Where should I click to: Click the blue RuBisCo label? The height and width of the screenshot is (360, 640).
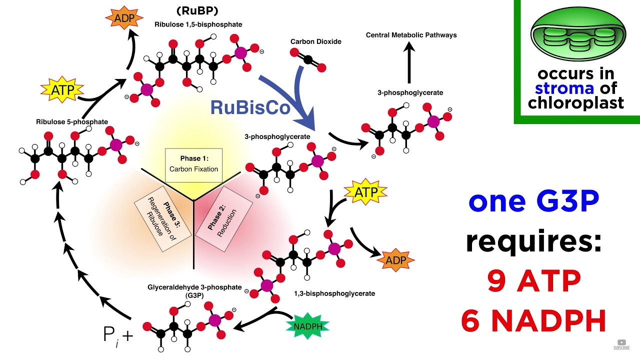(x=250, y=107)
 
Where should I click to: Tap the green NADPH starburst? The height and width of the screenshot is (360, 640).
(x=307, y=326)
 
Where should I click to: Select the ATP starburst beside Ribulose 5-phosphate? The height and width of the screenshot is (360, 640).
(x=62, y=89)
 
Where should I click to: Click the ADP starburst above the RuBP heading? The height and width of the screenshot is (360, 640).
(x=124, y=18)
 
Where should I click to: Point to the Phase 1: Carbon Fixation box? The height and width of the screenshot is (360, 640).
(x=193, y=165)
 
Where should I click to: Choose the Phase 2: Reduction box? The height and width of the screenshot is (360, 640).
(x=223, y=219)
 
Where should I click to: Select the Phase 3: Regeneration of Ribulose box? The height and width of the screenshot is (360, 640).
(x=163, y=219)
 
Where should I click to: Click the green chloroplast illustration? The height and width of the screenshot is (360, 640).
(x=578, y=35)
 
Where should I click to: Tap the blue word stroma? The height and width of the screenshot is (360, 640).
(x=564, y=88)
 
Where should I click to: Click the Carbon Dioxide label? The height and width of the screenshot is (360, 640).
(x=315, y=41)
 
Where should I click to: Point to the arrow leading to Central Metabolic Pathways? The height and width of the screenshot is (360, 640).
(x=409, y=62)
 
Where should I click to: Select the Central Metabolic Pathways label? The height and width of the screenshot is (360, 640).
(x=411, y=35)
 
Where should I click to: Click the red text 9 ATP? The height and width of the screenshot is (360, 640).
(x=534, y=281)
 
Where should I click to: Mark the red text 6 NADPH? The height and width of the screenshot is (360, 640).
(x=533, y=320)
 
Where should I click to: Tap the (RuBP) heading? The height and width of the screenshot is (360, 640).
(x=197, y=11)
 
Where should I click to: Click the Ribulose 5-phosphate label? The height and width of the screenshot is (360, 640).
(x=72, y=122)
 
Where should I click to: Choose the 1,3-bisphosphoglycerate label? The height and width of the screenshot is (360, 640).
(x=334, y=293)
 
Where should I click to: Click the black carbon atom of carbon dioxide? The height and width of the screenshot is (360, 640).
(x=308, y=59)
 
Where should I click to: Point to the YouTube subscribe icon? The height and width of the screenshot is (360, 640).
(x=621, y=344)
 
